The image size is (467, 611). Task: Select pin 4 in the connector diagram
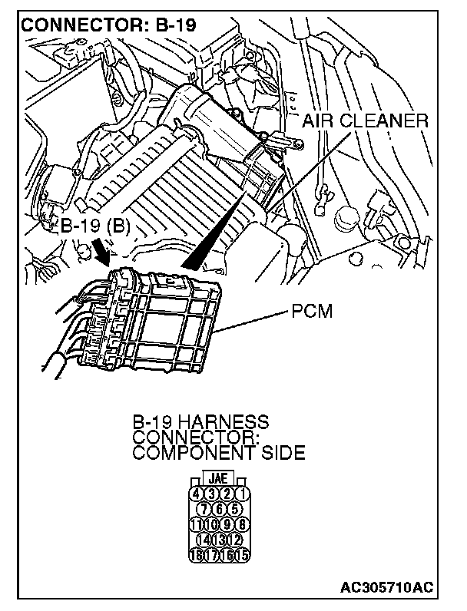click(197, 494)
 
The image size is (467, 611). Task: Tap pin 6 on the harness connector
click(221, 509)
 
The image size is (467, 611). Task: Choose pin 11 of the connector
click(197, 524)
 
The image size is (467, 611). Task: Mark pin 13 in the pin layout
click(221, 540)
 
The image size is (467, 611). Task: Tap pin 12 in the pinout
click(235, 540)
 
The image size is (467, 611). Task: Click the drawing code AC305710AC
click(386, 589)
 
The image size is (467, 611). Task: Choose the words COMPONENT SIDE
click(219, 453)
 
